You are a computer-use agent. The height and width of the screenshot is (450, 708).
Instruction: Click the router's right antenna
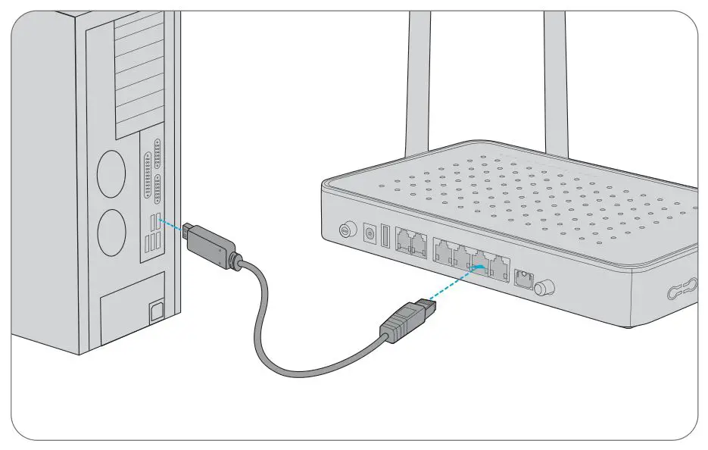click(555, 76)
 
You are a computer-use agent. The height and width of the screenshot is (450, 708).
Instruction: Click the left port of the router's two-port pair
click(403, 242)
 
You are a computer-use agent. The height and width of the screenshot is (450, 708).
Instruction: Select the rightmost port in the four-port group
click(499, 267)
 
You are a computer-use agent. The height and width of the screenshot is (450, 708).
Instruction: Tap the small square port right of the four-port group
click(522, 279)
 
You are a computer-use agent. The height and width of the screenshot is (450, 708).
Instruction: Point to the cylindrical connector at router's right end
click(544, 289)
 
